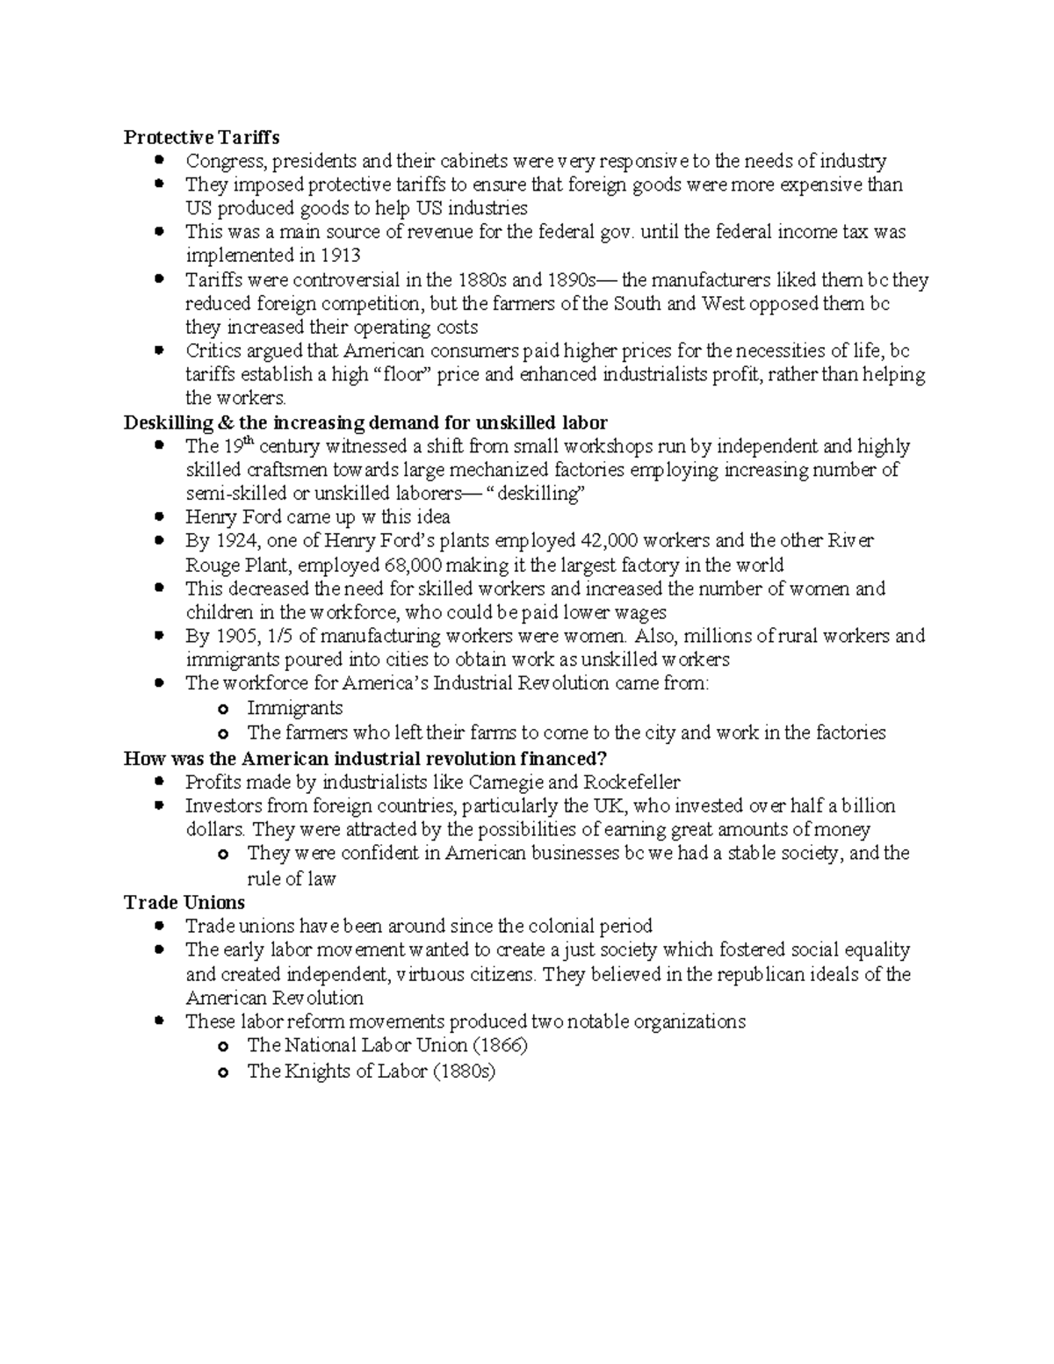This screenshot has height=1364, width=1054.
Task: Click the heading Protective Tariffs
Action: coord(201,137)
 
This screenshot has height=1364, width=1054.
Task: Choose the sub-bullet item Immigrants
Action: coord(294,708)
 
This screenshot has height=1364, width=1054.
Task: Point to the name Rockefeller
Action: coord(632,782)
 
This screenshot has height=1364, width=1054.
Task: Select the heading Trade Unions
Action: coord(184,902)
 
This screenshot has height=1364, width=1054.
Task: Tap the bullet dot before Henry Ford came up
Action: coord(159,516)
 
